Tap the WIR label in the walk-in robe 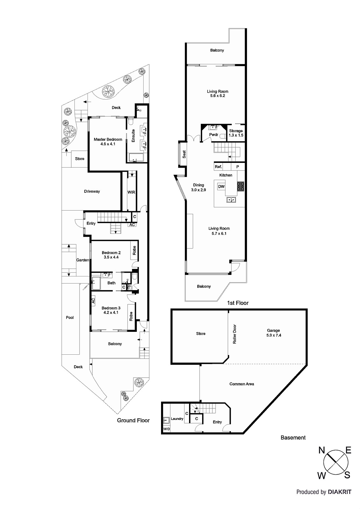131,192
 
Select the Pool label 70,317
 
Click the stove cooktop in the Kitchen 241,186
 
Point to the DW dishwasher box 221,187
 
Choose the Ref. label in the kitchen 218,167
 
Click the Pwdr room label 214,135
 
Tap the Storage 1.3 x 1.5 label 236,133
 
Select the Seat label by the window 184,154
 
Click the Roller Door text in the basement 235,334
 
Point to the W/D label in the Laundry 166,429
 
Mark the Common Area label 242,384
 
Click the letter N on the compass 321,450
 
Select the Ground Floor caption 133,420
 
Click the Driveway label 92,191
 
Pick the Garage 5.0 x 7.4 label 274,333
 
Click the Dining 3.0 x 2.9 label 199,187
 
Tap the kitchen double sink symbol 231,200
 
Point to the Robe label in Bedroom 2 134,250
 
